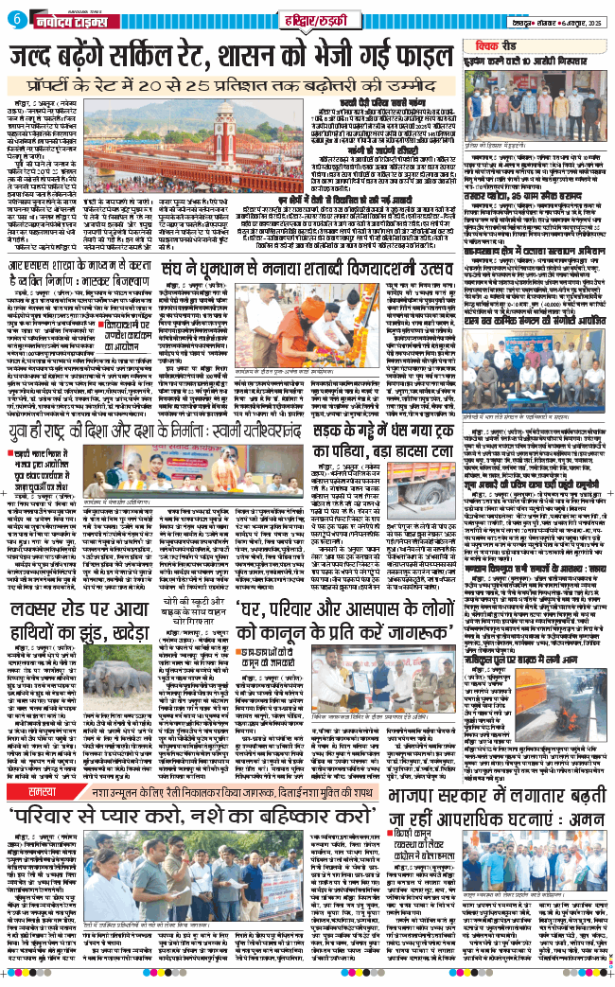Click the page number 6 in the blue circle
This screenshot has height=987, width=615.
15,18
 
